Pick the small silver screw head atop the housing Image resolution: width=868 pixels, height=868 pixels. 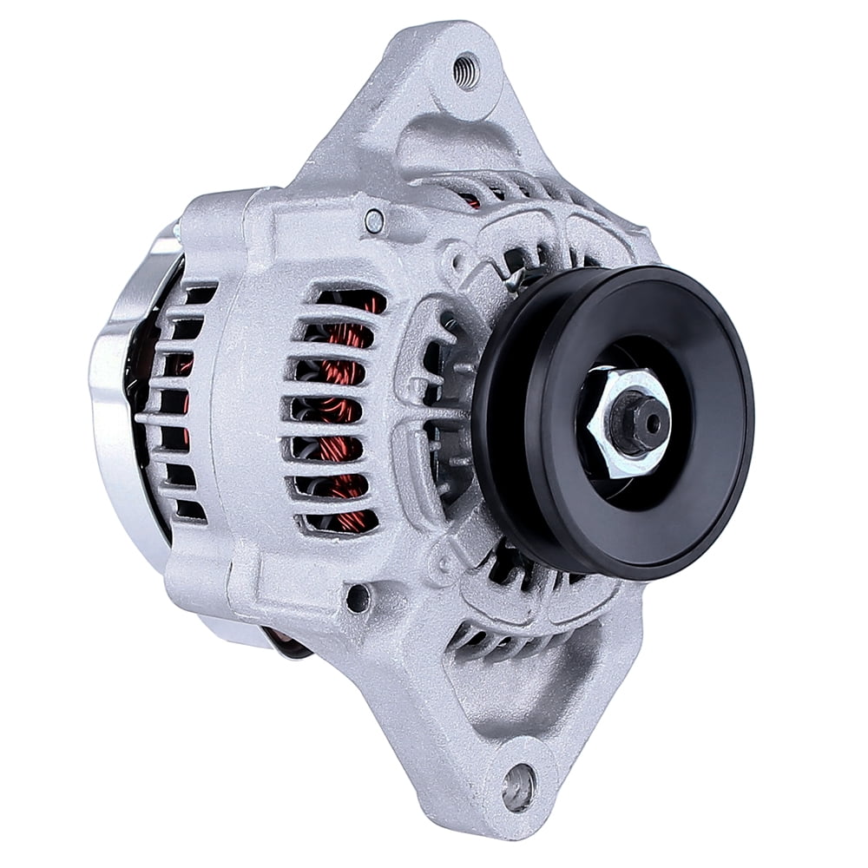click(x=374, y=222)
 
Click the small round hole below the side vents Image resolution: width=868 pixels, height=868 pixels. click(x=357, y=597)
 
